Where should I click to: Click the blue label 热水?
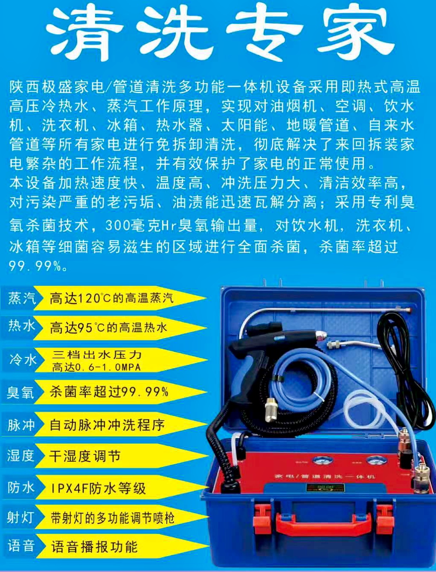point(21,327)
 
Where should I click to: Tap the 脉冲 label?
point(21,425)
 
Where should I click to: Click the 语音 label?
point(21,546)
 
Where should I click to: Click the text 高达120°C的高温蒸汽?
point(111,298)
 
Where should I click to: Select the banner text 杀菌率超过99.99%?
point(109,392)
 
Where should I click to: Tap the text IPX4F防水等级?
point(98,488)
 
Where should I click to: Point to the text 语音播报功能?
point(94,547)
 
